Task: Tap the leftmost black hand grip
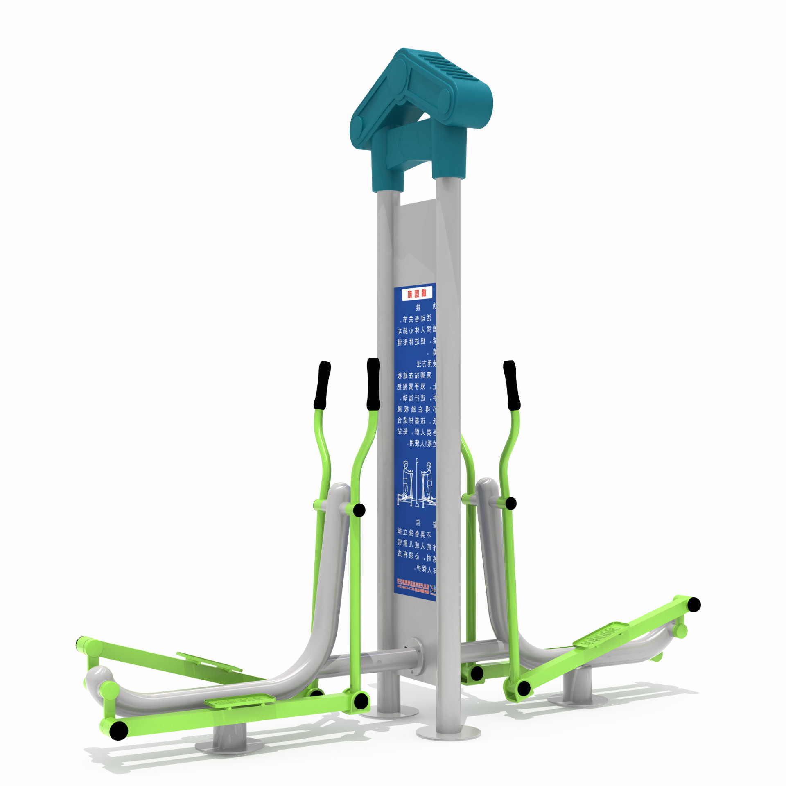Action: pos(323,385)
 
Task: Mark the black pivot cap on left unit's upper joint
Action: pos(359,510)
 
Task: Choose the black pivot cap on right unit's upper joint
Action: pos(510,503)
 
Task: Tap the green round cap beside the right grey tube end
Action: pos(680,631)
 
